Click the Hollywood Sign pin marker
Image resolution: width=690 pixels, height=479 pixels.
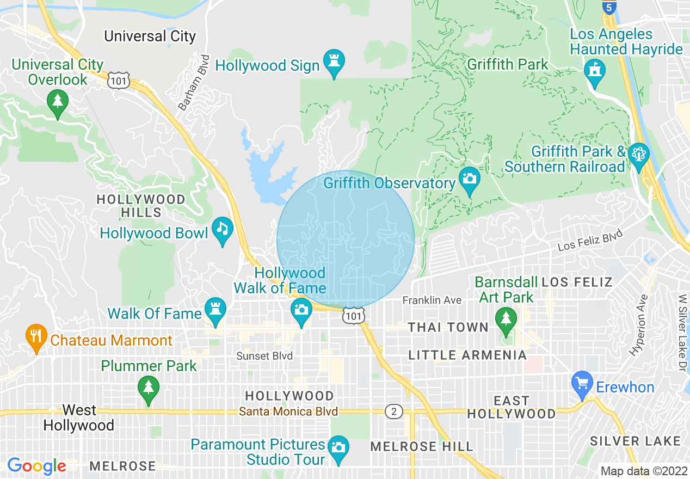tap(334, 63)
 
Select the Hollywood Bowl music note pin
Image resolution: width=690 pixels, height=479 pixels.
tap(222, 230)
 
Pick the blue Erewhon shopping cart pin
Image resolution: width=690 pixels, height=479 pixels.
tap(583, 384)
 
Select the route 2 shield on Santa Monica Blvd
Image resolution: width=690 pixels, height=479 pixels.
tap(393, 412)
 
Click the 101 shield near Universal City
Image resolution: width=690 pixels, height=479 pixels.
tap(118, 81)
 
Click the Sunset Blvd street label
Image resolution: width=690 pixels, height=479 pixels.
tap(264, 356)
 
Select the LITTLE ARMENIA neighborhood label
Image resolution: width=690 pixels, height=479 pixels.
tap(467, 355)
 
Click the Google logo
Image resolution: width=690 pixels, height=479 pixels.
tap(36, 465)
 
